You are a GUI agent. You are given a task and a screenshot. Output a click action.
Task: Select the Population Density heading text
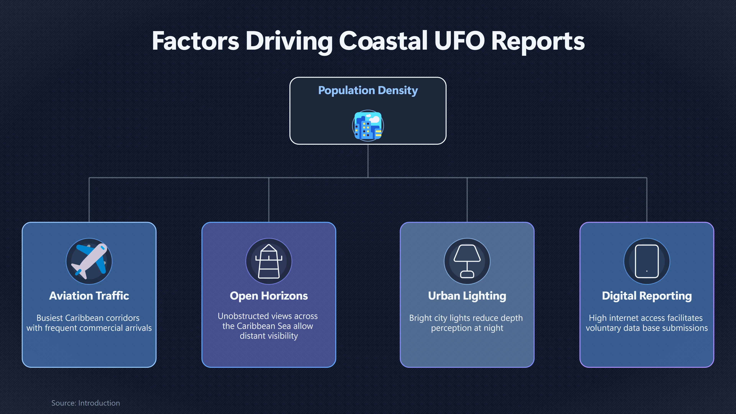coord(368,90)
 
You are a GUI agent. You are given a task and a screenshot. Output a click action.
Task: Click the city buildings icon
coord(368,126)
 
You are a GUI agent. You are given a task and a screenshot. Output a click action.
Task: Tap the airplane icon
coord(89,261)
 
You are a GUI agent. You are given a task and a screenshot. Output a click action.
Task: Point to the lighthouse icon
coord(269,261)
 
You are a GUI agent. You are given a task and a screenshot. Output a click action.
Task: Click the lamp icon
coord(467,261)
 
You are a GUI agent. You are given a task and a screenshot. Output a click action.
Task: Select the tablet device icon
coord(647,261)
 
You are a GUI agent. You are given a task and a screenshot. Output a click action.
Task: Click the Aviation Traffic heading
coord(89,296)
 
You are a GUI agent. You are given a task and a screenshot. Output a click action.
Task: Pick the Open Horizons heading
coord(269,296)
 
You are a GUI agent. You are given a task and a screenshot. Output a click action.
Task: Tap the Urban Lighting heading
coord(467,296)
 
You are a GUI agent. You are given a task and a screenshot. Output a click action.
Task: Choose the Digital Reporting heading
coord(647,296)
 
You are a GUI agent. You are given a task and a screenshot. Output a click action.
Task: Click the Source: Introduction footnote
coord(86,403)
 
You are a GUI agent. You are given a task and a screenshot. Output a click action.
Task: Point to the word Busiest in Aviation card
coord(50,318)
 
